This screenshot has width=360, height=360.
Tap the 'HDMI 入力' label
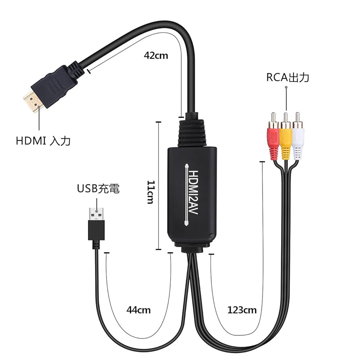43,141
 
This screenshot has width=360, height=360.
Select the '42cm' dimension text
156,56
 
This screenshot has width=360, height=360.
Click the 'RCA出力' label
288,77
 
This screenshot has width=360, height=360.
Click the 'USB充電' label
98,188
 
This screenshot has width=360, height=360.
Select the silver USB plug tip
97,214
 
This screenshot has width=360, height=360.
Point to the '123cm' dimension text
242,310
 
